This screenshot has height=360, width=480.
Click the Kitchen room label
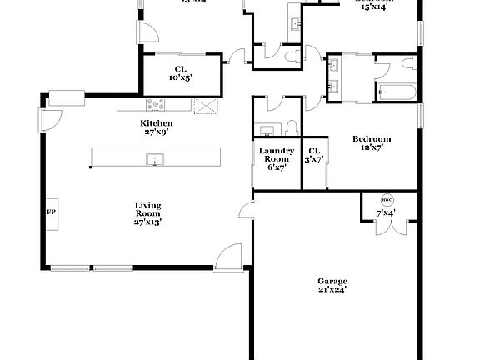tap(156, 123)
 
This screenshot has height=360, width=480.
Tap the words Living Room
tap(148, 209)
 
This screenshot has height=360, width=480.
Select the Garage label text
tap(332, 281)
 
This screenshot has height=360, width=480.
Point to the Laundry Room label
tap(276, 154)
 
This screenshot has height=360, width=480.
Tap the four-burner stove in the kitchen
tap(156, 105)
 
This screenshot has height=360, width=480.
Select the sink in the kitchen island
tap(155, 157)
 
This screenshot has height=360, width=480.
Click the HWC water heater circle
tap(387, 201)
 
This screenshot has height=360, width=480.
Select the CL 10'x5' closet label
tap(181, 73)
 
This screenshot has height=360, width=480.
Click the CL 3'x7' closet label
tap(314, 154)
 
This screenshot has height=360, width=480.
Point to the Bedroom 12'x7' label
tap(372, 143)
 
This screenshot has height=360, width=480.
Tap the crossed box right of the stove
tap(204, 105)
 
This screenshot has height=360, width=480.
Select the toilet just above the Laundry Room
tap(290, 127)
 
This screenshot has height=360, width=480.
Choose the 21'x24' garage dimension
tap(332, 290)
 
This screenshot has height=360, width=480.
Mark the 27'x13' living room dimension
tap(148, 222)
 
